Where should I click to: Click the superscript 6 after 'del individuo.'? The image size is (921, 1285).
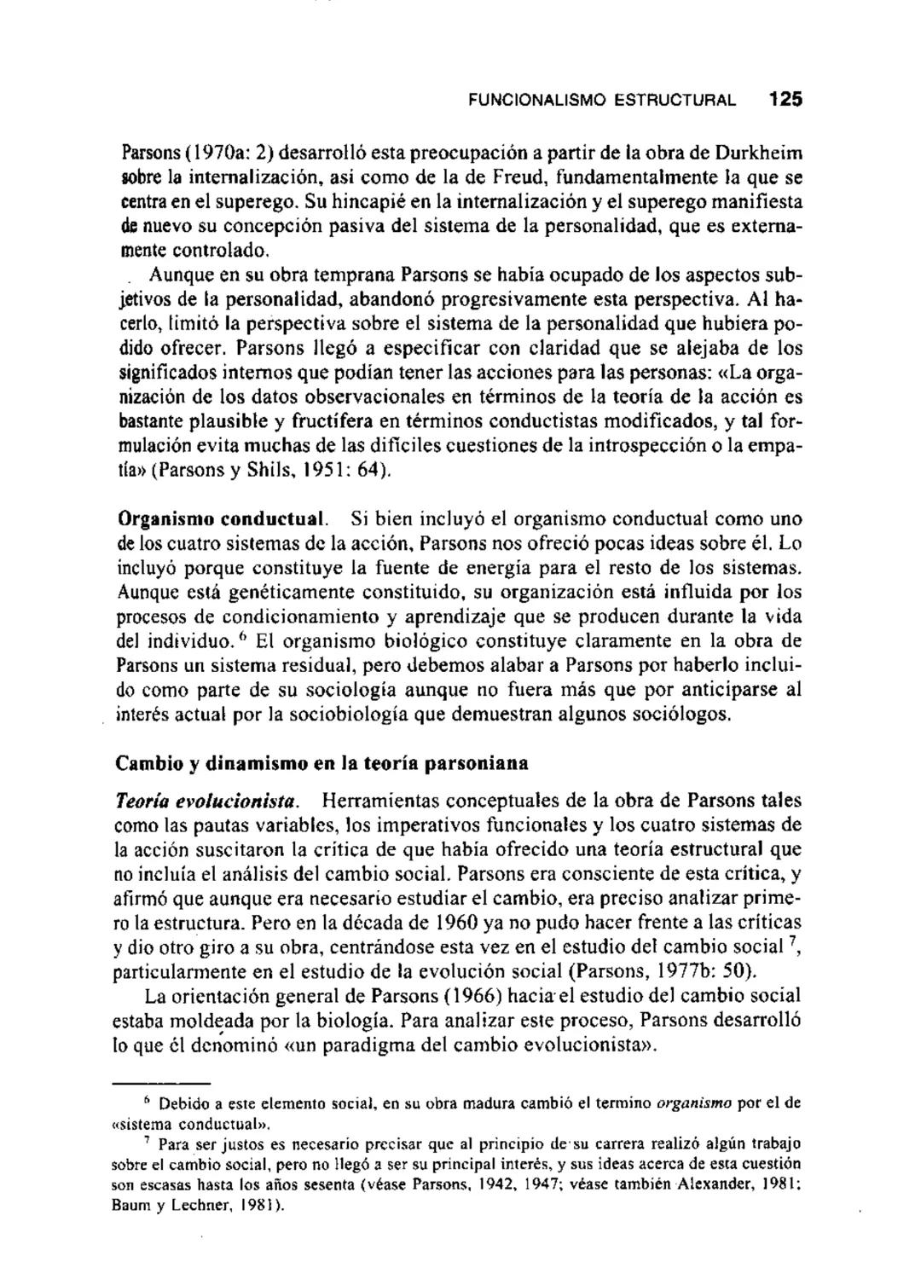click(x=242, y=636)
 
